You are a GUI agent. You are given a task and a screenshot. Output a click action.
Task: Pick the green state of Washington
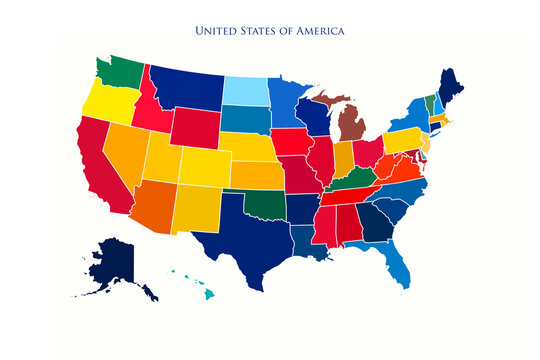122,73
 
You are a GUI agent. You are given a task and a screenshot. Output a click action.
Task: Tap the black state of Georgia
375,228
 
